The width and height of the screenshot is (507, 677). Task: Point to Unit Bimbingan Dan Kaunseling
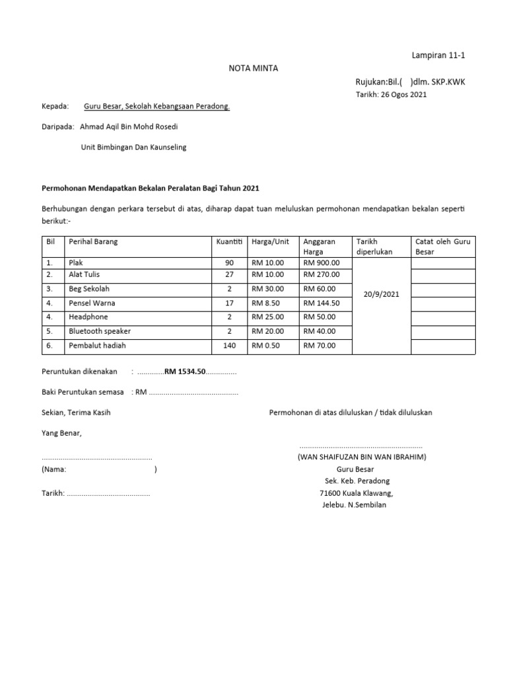[133, 147]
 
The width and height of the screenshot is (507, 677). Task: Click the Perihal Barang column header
[93, 242]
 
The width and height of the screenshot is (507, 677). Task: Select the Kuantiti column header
[230, 242]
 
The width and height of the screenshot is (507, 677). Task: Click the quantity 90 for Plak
[230, 262]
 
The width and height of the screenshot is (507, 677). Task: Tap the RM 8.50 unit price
[267, 303]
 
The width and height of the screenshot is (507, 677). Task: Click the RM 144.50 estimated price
[321, 303]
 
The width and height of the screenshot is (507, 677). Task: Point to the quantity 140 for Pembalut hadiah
[230, 345]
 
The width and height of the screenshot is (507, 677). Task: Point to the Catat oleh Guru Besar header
[442, 247]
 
